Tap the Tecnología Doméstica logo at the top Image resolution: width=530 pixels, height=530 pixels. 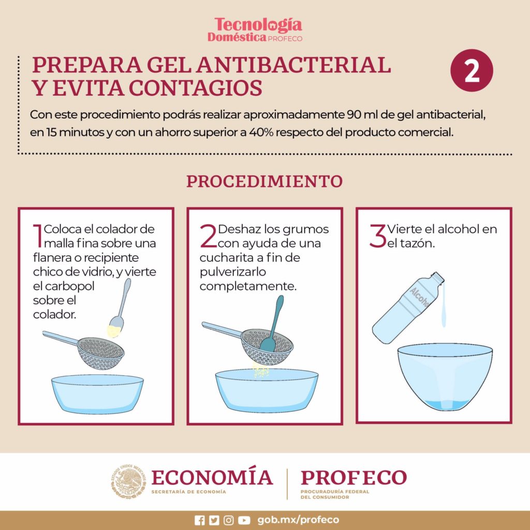[258, 30]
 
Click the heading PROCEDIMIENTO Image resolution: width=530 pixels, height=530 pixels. [264, 182]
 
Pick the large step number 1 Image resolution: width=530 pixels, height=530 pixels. [38, 235]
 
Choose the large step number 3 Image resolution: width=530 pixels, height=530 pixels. [377, 235]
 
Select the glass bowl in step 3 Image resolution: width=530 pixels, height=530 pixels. [445, 377]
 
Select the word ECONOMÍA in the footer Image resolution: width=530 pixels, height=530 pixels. [212, 477]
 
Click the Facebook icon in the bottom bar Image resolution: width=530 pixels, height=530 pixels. [200, 520]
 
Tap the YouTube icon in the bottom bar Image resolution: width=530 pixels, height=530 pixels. [244, 520]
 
